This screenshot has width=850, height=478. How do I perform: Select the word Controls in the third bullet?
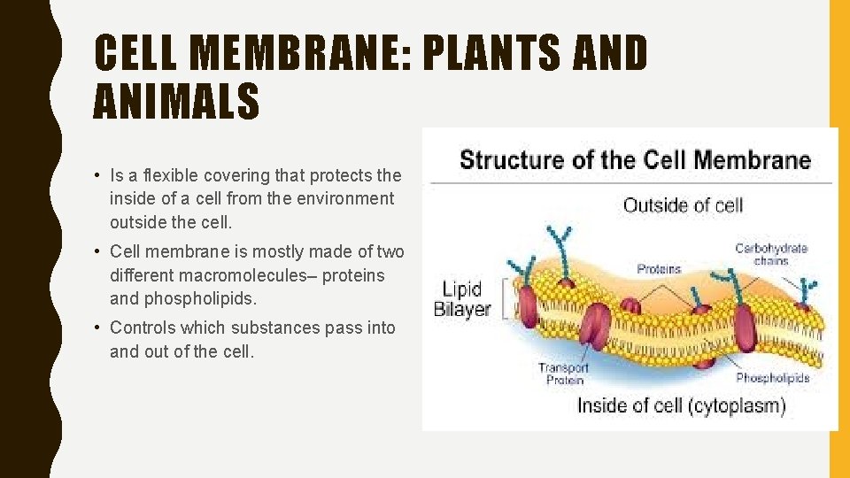coord(142,328)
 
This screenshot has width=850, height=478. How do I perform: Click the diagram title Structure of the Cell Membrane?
coord(635,160)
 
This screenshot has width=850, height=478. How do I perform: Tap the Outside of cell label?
coord(683,205)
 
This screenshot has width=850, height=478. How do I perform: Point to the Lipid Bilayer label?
coord(462,299)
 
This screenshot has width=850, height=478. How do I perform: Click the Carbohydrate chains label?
coord(771,255)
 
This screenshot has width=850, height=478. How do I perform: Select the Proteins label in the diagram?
coord(659,268)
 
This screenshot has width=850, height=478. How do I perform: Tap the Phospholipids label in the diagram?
coord(772,378)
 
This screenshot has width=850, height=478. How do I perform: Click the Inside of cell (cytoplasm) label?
coord(681,406)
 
